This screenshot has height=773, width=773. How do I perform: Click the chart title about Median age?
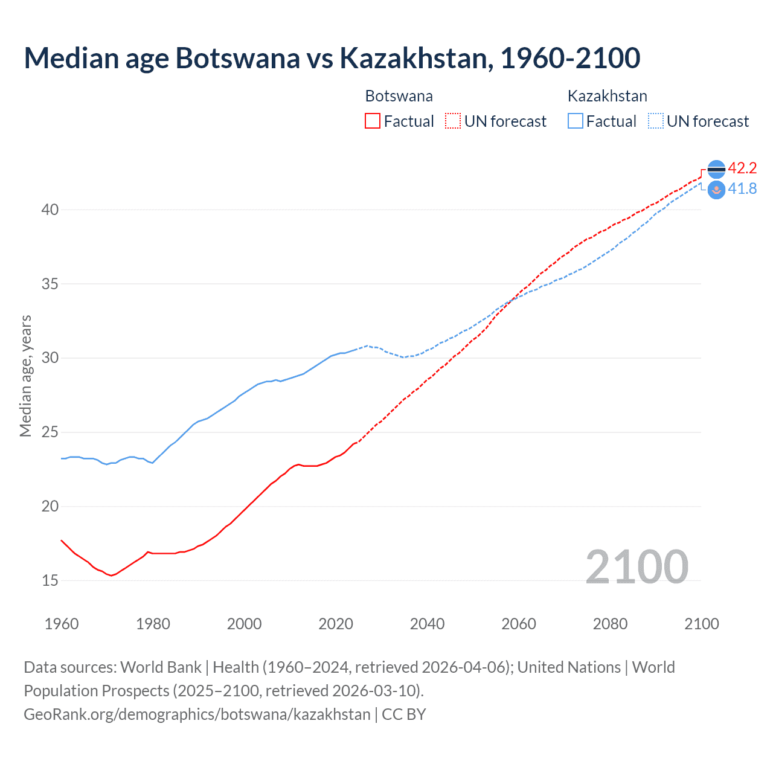332,58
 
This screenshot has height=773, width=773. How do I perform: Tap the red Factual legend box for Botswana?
373,121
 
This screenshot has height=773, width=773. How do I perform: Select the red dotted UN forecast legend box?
453,121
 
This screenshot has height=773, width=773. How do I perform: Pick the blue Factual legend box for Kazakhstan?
576,121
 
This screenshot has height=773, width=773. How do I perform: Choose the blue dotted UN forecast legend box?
655,121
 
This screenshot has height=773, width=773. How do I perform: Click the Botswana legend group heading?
399,96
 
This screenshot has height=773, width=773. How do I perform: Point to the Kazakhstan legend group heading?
607,96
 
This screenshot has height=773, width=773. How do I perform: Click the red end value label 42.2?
742,168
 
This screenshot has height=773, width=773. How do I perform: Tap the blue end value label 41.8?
742,189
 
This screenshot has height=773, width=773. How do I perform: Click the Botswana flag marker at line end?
716,170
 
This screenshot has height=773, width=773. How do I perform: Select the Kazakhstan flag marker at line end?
716,190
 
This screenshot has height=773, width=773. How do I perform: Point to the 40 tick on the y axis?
50,210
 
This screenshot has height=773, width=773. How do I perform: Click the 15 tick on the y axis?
50,580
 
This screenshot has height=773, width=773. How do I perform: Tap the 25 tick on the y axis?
50,432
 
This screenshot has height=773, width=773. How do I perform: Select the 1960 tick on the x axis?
62,624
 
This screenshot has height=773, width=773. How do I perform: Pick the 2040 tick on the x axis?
427,624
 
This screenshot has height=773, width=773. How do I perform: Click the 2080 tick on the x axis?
610,624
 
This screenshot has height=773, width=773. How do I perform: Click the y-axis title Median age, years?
25,376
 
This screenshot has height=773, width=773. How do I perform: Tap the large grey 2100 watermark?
637,567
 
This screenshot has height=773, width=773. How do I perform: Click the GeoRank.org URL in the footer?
197,714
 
